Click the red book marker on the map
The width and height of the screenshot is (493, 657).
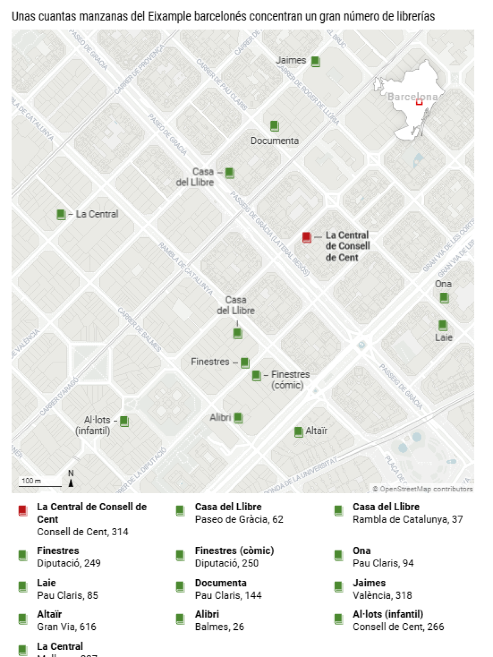pyautogui.click(x=307, y=237)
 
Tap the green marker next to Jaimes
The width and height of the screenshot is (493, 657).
pyautogui.click(x=315, y=61)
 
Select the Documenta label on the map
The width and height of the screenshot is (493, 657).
pyautogui.click(x=275, y=141)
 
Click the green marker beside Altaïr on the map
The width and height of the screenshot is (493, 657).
pyautogui.click(x=298, y=432)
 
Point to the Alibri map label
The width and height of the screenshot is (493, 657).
pyautogui.click(x=220, y=417)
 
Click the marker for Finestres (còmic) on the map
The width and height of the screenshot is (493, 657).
pyautogui.click(x=256, y=375)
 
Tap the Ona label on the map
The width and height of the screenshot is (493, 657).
pyautogui.click(x=443, y=284)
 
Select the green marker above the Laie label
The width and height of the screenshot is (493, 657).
pyautogui.click(x=443, y=325)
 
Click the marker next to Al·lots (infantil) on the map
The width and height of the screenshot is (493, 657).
pyautogui.click(x=124, y=421)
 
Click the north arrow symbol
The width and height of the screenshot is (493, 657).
pyautogui.click(x=71, y=483)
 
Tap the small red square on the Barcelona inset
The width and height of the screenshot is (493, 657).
pyautogui.click(x=419, y=102)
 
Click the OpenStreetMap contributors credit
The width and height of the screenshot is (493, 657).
pyautogui.click(x=423, y=489)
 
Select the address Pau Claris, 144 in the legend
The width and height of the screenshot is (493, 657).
pyautogui.click(x=228, y=595)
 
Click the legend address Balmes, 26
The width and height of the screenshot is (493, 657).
pyautogui.click(x=219, y=627)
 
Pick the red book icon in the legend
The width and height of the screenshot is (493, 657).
pyautogui.click(x=23, y=511)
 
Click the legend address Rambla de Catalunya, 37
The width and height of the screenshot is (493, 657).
pyautogui.click(x=407, y=520)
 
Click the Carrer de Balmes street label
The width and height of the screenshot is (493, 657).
pyautogui.click(x=139, y=329)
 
